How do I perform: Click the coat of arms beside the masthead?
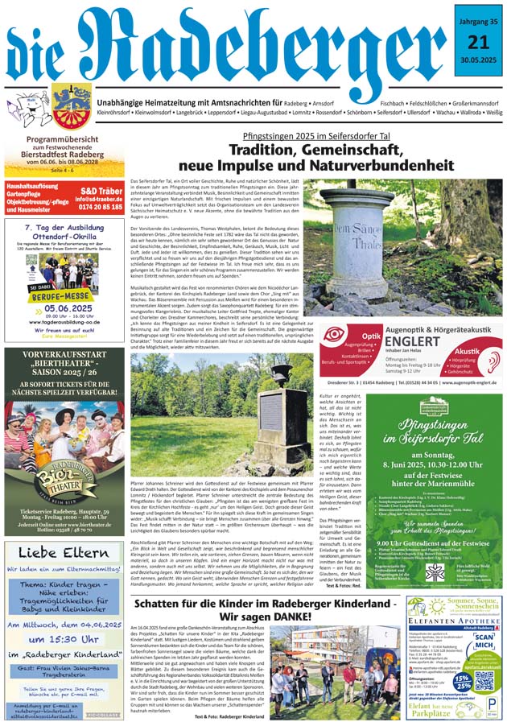click(72, 107)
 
